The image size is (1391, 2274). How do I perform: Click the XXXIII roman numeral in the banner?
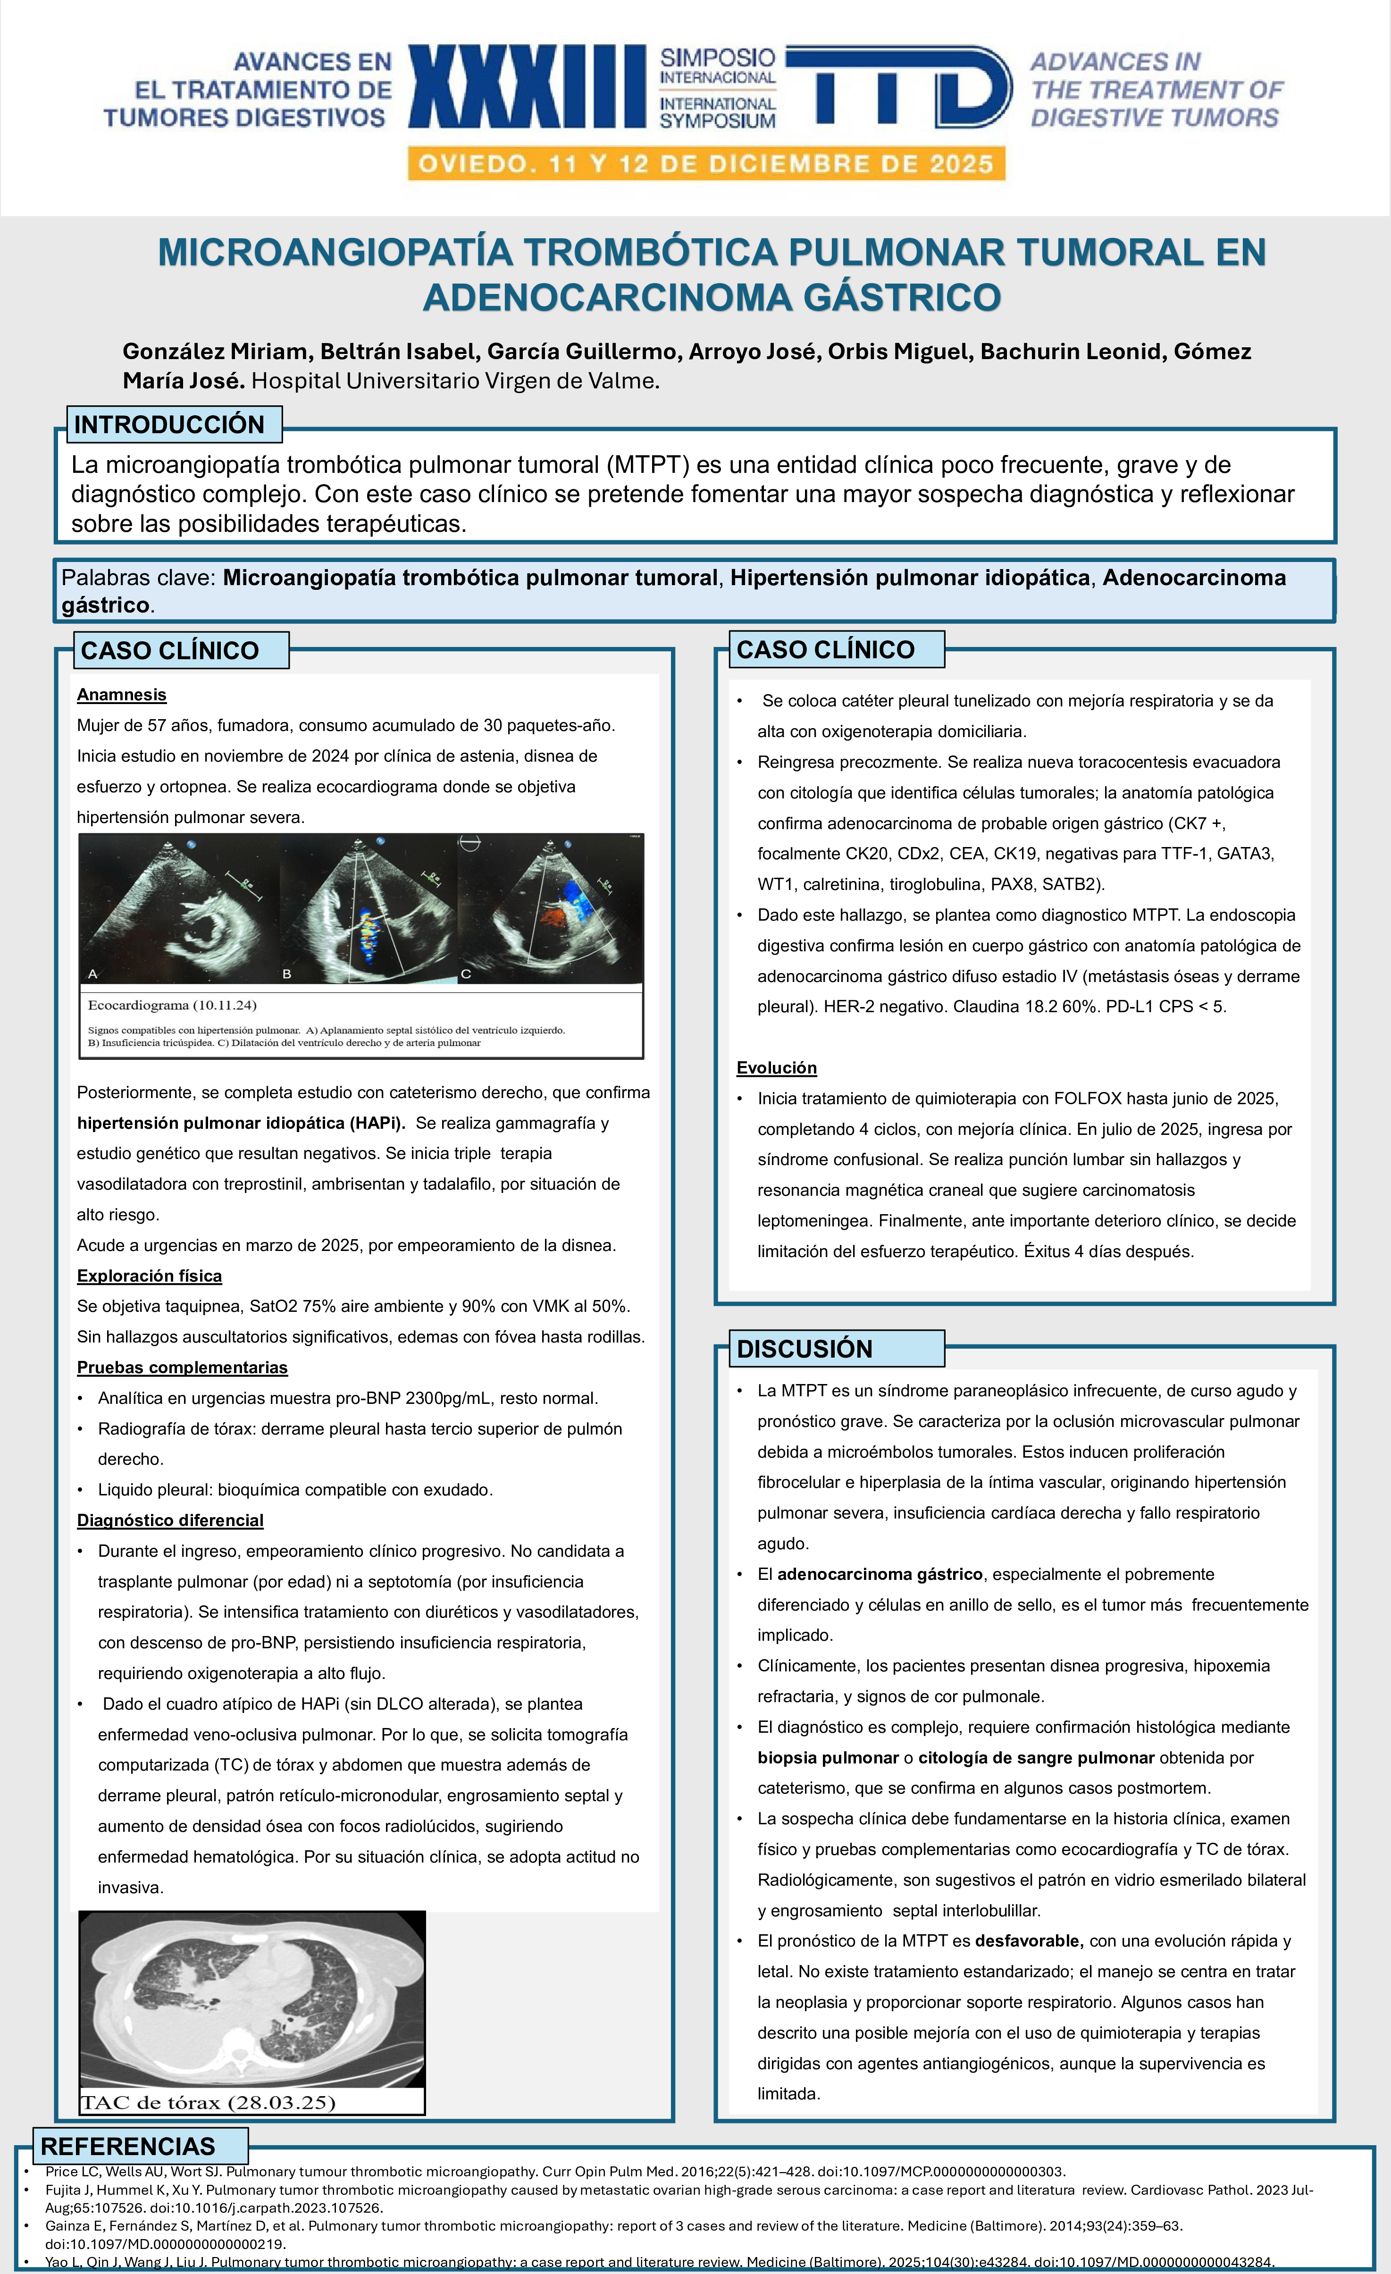tap(527, 87)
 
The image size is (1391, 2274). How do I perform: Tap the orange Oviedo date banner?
tap(706, 164)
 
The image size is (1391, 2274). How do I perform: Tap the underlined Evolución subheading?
tap(776, 1068)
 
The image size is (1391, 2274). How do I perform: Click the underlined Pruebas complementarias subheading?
tap(182, 1367)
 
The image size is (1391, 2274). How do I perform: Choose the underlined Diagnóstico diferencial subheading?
tap(170, 1520)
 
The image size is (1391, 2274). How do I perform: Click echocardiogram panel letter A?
tap(92, 973)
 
